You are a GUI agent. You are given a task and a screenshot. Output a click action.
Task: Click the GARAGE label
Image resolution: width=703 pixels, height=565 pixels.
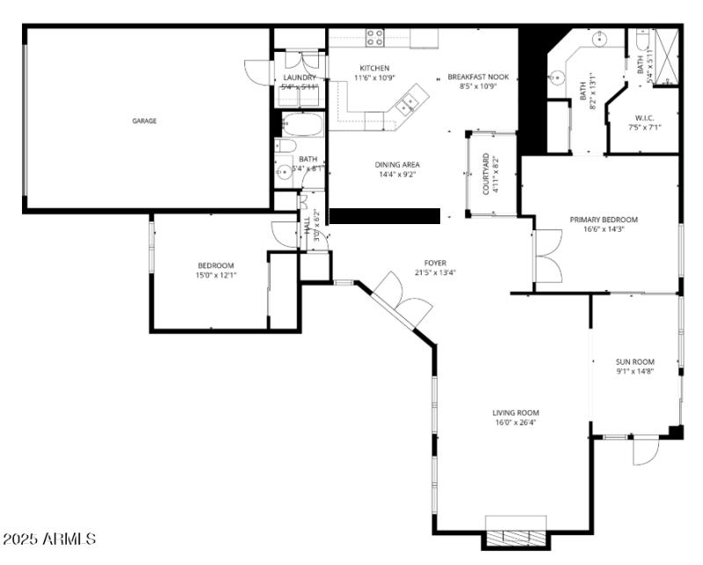pos(144,121)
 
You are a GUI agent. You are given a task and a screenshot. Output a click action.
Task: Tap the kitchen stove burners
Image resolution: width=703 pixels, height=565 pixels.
pos(374,37)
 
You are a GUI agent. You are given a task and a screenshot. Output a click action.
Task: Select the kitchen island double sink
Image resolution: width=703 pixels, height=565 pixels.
pos(408,105)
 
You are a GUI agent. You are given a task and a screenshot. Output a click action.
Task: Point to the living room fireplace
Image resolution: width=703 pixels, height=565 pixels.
pos(516,537)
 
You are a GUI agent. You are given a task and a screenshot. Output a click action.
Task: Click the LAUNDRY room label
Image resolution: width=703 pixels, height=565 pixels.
pos(299,77)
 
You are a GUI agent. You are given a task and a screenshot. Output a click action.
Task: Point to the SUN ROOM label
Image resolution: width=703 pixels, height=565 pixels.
pos(634,361)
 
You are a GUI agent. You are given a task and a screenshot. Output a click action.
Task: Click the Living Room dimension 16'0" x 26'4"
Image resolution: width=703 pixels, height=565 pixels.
pos(516,422)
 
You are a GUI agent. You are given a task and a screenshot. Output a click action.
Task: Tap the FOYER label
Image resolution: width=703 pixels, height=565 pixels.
pos(435,263)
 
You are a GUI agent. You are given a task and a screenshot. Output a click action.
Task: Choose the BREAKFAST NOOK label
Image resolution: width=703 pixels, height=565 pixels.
pos(478,77)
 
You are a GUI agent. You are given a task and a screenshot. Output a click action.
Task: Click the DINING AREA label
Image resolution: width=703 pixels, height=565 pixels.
pos(398,164)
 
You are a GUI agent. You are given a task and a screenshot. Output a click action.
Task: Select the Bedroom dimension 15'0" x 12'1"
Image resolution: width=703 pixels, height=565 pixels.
pos(215,275)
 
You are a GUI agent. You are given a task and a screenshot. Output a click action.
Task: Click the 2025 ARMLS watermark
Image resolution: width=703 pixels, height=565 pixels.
pos(50,538)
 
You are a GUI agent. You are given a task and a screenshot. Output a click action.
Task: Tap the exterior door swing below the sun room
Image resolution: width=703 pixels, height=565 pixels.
pos(644,451)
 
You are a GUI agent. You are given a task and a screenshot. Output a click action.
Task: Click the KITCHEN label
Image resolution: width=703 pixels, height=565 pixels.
pos(374,68)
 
